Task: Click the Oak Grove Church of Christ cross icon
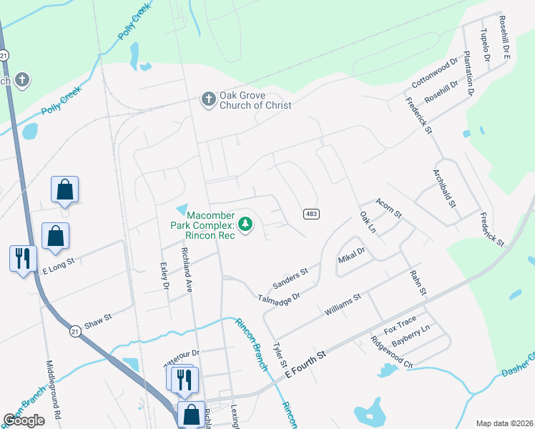(208, 99)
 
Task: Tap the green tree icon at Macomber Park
(245, 225)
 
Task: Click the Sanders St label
(290, 277)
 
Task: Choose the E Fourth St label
(305, 364)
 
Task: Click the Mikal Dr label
(351, 257)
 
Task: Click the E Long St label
(58, 267)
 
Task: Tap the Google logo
(24, 420)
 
